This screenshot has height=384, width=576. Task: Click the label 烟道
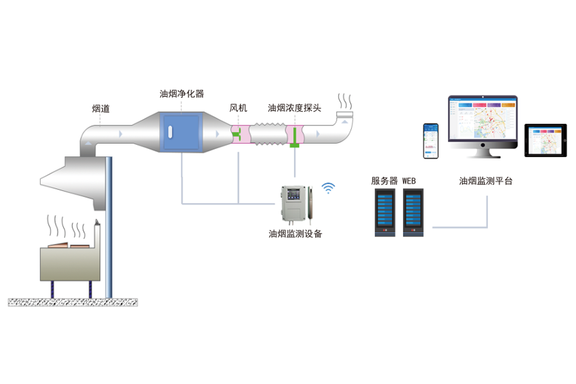101,108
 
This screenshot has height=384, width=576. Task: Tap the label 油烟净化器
182,94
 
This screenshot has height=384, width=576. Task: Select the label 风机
239,108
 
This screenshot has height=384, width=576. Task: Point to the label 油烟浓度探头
294,108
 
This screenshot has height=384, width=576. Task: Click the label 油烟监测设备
295,234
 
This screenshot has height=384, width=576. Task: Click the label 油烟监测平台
486,181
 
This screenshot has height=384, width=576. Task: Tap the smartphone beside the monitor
431,141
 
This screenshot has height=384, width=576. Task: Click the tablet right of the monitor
544,140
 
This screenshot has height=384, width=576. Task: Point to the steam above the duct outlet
346,102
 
